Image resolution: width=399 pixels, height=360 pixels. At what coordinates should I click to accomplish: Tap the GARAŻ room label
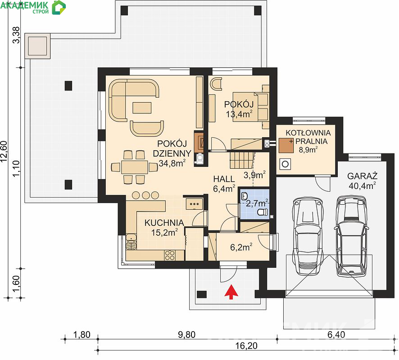[x=362, y=176]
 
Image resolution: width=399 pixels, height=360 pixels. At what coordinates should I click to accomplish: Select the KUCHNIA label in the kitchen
[x=164, y=223]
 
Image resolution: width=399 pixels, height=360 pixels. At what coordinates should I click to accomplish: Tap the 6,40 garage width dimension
[x=336, y=335]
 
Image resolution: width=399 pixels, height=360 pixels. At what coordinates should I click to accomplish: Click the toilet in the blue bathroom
[x=263, y=211]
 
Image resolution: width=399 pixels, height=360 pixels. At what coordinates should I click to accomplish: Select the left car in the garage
[x=308, y=236]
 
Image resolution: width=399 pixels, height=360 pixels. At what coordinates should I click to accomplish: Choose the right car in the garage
[x=352, y=236]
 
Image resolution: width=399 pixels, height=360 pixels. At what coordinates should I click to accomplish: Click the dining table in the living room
[x=135, y=167]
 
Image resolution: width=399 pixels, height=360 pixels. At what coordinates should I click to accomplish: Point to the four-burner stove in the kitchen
[x=169, y=255]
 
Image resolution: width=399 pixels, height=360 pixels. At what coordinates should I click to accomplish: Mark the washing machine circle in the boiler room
[x=285, y=164]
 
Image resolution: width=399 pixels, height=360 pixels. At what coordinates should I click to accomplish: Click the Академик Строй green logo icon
[x=59, y=8]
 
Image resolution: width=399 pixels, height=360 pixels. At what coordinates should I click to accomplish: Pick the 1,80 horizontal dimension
[x=82, y=335]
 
